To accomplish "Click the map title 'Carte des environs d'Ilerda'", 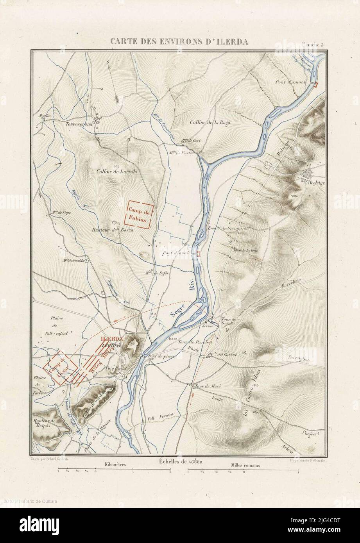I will click(179, 42).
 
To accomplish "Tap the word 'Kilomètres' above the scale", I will click(116, 465).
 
